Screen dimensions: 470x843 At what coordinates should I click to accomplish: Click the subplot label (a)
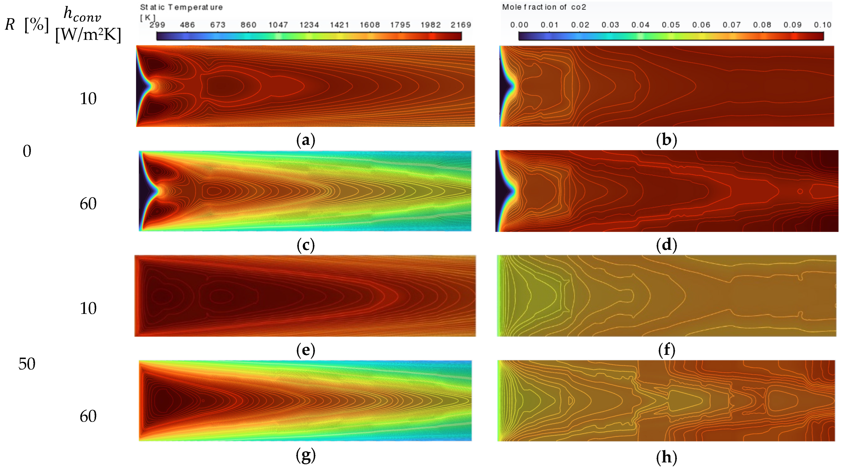pos(305,140)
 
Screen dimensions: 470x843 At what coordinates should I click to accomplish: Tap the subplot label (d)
pos(666,245)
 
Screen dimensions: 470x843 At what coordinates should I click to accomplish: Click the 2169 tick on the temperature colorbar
pos(460,25)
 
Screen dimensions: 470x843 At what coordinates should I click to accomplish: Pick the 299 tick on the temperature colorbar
pos(157,25)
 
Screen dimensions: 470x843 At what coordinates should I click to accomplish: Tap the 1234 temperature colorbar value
pos(309,25)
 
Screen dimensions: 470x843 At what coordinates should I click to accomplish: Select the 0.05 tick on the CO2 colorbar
pos(671,25)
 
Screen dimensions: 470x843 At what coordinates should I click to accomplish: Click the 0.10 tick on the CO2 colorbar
pos(822,25)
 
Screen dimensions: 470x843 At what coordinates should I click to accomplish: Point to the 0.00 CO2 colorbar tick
pos(519,25)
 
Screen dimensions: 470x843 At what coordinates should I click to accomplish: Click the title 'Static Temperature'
pos(181,7)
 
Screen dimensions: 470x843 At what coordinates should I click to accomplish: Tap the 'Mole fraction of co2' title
pos(544,7)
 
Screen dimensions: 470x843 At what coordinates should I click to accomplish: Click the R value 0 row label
pos(27,151)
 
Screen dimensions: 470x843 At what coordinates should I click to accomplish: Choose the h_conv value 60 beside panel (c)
pos(88,204)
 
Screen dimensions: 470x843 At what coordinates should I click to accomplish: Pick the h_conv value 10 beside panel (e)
pos(88,308)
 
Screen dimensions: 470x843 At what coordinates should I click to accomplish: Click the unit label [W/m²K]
pos(88,34)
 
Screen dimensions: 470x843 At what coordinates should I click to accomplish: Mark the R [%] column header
pos(27,24)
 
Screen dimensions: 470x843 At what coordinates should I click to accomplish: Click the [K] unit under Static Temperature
pos(147,17)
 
